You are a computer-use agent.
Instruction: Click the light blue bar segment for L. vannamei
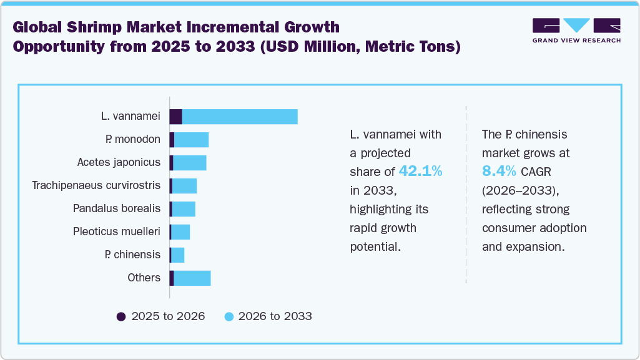pos(240,117)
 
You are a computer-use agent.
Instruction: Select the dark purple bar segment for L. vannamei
pos(175,117)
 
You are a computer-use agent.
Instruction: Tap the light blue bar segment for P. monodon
pos(191,140)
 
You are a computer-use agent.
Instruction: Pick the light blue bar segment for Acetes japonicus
pos(189,163)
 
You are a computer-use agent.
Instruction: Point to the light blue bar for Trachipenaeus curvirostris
pos(184,186)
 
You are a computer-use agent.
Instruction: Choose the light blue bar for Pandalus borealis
pos(184,209)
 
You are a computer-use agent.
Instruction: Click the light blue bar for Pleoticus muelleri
pos(180,232)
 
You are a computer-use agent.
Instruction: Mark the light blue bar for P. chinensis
pos(177,255)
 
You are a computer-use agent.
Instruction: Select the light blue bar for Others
pos(192,278)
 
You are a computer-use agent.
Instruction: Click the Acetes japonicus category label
pos(119,162)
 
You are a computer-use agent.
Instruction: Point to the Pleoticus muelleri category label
pos(117,231)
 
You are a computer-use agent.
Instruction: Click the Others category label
pos(144,278)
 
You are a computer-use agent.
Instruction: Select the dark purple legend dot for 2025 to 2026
pos(121,316)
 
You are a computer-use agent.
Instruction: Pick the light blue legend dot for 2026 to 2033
pos(229,316)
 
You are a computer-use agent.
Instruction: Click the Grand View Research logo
pos(576,31)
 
